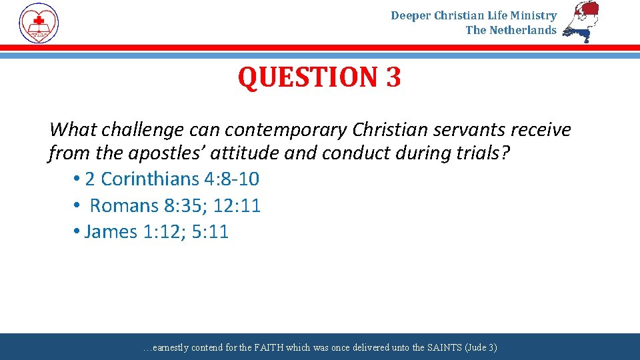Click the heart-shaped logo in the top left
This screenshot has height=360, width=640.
tap(39, 23)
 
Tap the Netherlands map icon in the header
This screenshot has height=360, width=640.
tap(581, 21)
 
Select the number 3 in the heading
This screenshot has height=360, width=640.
tap(393, 77)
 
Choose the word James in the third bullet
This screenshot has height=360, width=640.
tap(111, 231)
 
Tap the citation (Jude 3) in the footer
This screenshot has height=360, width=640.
tap(481, 347)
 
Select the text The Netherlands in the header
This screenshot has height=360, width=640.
tap(511, 30)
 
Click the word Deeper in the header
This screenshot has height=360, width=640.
tap(411, 15)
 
